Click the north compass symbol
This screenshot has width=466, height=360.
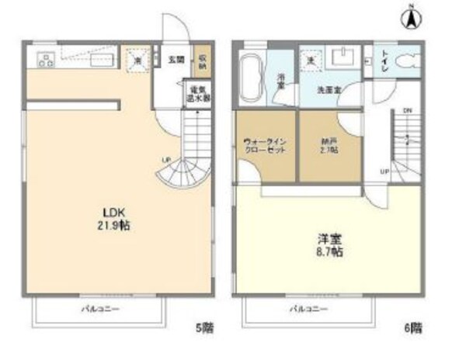tap(409, 18)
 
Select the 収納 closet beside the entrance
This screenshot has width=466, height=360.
tap(202, 61)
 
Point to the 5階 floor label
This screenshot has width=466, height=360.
tap(204, 328)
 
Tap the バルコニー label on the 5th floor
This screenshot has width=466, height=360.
tap(96, 310)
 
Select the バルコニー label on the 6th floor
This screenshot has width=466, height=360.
tap(308, 310)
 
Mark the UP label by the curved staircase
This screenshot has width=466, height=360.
tap(165, 161)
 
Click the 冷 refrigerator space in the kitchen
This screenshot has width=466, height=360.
tap(137, 60)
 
